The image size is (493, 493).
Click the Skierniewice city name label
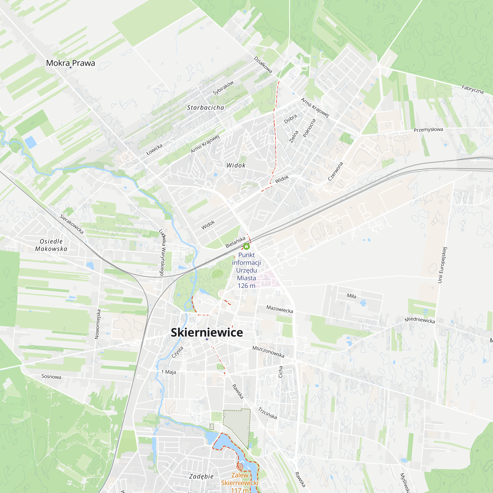point(207,333)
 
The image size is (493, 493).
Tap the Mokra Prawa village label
point(70,63)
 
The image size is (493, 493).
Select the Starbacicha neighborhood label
point(205,107)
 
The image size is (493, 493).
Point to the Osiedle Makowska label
point(51,245)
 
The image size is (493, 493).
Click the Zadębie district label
point(201,476)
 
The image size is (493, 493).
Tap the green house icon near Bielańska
point(246,246)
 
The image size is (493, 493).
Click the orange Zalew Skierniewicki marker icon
point(239,467)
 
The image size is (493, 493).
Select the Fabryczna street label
point(473,89)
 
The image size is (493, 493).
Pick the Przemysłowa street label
point(428,130)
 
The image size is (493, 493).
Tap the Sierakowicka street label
point(72,224)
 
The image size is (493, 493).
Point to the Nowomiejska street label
point(97,324)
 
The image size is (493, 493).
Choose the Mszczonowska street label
point(268,352)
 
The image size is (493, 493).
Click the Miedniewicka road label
point(420,320)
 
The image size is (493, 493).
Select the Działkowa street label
point(263,65)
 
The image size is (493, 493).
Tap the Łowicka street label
point(154,150)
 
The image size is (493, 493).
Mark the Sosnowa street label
point(51,376)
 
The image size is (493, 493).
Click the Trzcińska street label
point(267,413)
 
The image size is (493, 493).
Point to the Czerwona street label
point(335,172)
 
